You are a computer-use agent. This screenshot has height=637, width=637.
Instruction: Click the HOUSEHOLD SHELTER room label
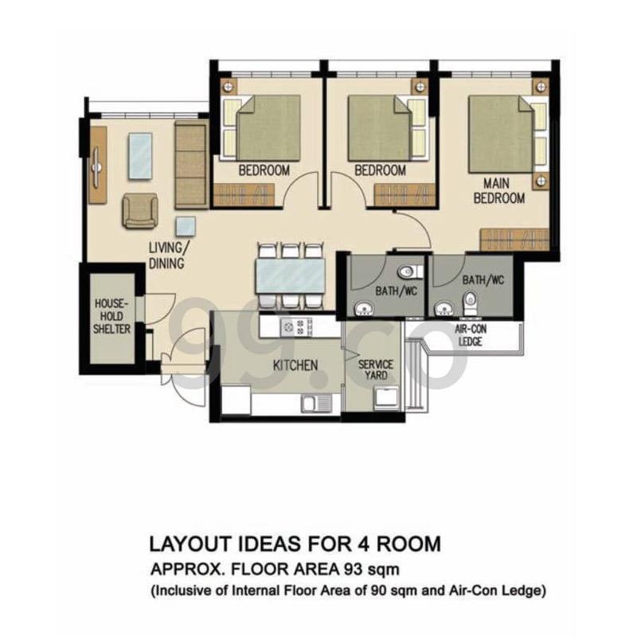(x=112, y=316)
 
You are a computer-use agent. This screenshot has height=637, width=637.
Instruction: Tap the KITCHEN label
(x=295, y=365)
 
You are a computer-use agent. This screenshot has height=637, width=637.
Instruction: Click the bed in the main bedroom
(x=502, y=134)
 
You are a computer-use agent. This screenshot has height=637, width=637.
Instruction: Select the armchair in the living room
(x=140, y=211)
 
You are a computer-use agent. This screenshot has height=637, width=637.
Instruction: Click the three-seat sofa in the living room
(x=190, y=165)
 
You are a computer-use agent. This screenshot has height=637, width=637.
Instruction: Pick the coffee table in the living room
(x=140, y=155)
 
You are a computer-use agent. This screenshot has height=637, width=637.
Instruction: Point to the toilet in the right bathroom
(x=471, y=300)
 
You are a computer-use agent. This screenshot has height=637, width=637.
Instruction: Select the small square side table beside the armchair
(x=186, y=225)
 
